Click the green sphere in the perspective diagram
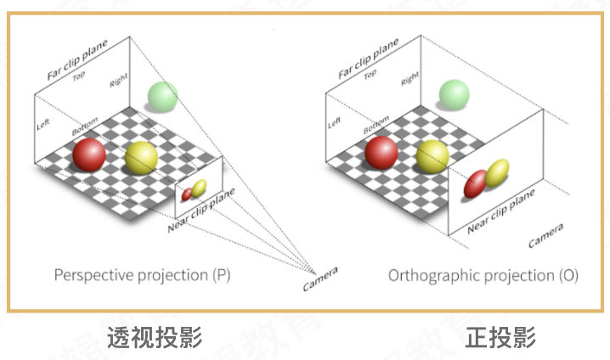[162, 96]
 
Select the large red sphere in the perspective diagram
[89, 155]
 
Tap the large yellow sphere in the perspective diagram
[141, 158]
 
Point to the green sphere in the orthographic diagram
[454, 94]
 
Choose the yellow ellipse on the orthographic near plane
[496, 172]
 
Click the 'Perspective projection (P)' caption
[142, 275]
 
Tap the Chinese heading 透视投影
[155, 337]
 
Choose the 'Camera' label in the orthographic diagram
[545, 237]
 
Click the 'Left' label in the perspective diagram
[43, 124]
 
